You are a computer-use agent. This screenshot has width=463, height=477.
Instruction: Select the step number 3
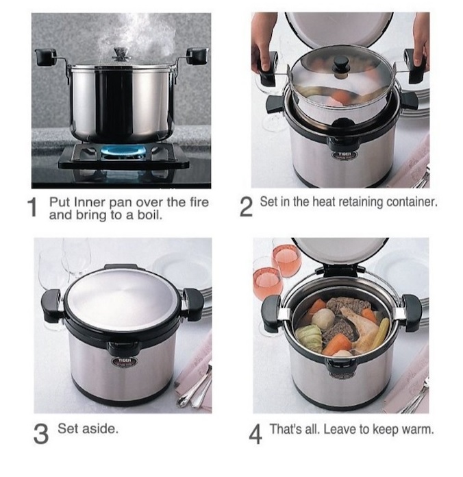click(40, 434)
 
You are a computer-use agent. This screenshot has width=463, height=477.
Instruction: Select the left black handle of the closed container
click(51, 305)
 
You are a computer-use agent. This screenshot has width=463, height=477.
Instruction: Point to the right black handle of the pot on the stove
click(197, 56)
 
